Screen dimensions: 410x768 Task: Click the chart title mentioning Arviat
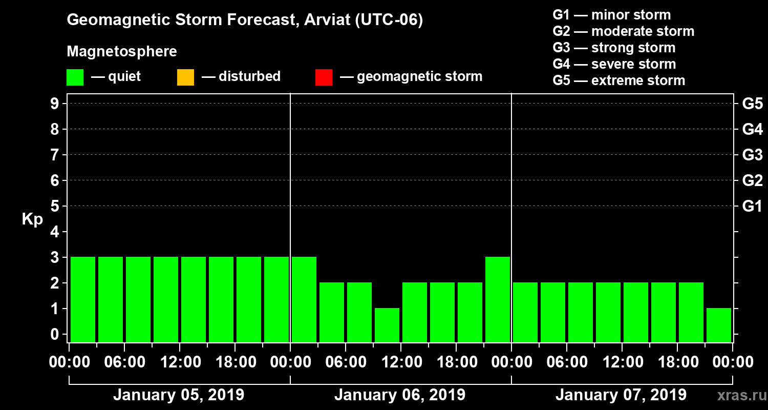245,20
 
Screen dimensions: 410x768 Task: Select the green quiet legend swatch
75,77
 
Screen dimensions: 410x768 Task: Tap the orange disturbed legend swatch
185,77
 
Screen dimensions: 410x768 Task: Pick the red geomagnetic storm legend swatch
324,77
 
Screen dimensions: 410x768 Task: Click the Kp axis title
32,219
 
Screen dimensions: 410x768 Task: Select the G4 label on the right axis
752,130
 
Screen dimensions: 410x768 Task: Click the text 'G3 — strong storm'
614,48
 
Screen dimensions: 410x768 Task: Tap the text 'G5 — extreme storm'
618,80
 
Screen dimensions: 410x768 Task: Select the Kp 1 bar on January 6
387,325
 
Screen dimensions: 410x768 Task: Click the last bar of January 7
719,325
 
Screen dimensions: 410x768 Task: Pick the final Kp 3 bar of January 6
498,299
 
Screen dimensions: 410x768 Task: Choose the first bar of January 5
83,299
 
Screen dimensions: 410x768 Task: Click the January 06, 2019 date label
400,395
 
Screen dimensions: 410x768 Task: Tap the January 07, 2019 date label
621,395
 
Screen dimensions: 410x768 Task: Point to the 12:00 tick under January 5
180,362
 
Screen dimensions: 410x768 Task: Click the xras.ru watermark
738,396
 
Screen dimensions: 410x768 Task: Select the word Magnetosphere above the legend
122,52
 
